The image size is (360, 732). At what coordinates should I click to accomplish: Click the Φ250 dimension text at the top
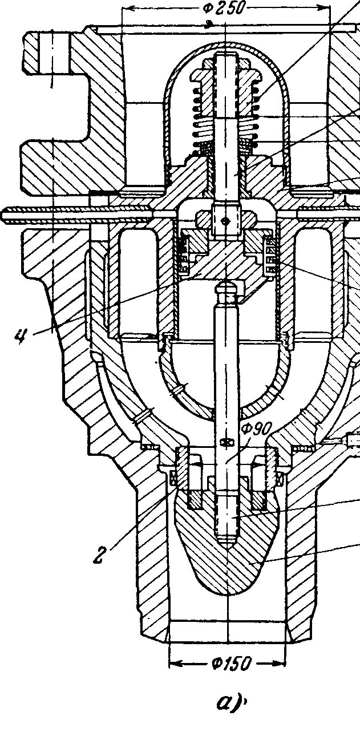(224, 8)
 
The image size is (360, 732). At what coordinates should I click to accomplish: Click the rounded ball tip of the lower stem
(227, 288)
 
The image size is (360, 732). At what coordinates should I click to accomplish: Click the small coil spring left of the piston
(183, 254)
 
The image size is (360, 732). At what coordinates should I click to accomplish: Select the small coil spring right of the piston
(270, 254)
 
